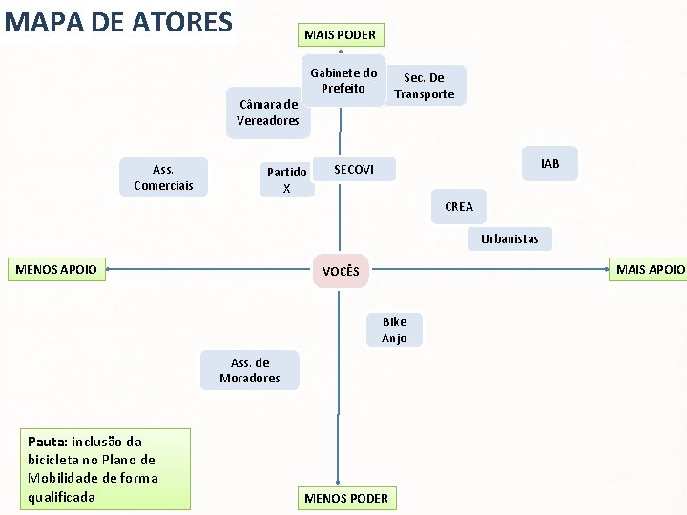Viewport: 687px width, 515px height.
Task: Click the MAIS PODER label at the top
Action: click(x=340, y=35)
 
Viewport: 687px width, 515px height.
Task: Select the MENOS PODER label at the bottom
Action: click(x=345, y=498)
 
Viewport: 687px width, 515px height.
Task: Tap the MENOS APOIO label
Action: click(x=57, y=270)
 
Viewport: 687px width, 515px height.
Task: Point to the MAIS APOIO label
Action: click(x=649, y=270)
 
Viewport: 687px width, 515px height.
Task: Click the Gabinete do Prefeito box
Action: click(x=343, y=81)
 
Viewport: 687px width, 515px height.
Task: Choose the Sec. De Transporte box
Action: click(x=425, y=86)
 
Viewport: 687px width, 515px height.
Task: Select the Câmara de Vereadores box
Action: click(x=268, y=113)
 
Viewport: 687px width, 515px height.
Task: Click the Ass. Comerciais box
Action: click(x=163, y=177)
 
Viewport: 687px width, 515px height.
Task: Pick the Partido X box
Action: click(x=286, y=180)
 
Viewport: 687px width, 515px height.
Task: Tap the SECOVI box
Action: click(x=354, y=170)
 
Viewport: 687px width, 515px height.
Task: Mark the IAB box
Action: click(x=550, y=164)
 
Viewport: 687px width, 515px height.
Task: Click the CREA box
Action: click(x=458, y=206)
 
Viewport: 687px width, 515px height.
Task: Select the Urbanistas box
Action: click(x=510, y=238)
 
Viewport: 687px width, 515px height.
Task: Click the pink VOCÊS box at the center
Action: click(x=341, y=272)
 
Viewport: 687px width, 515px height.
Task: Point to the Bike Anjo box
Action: click(x=394, y=330)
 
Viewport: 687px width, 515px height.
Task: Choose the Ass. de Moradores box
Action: click(x=250, y=370)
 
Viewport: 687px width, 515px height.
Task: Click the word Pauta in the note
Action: click(x=46, y=442)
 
